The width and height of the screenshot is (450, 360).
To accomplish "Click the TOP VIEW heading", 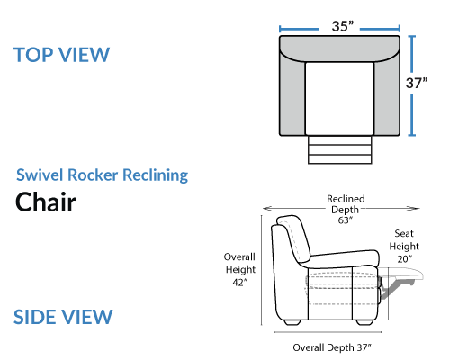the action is (x=62, y=55).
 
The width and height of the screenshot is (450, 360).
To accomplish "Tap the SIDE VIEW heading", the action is (x=63, y=317).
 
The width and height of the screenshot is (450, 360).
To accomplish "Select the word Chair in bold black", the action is (x=46, y=202).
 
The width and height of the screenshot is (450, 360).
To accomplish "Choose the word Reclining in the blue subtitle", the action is (x=156, y=175).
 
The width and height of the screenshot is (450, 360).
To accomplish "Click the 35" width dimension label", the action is (x=343, y=26).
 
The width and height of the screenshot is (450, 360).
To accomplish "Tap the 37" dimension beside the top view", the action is (x=417, y=83).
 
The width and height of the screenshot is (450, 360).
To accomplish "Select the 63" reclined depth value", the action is (x=346, y=220).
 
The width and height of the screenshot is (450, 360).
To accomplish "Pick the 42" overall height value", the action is (x=240, y=283).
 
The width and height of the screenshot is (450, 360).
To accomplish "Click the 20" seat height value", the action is (x=405, y=259).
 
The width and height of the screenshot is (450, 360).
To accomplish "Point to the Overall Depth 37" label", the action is (x=332, y=347).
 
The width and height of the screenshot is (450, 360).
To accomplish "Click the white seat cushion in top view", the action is (x=339, y=99).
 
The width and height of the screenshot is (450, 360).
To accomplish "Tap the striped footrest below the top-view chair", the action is (x=340, y=149).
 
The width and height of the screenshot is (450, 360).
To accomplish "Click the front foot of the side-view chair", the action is (x=364, y=322).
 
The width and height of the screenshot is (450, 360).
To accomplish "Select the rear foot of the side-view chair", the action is (x=292, y=322).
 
